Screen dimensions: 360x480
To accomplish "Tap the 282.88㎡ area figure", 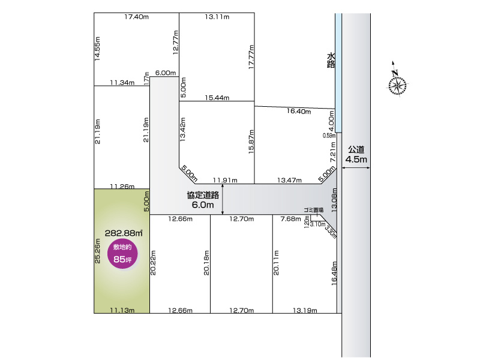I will (124, 233).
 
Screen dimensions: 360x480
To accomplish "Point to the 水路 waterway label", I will (331, 60).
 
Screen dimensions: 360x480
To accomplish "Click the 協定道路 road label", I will (203, 194).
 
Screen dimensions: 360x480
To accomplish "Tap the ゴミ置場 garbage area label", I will (313, 210).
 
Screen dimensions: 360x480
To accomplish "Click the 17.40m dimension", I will (136, 17).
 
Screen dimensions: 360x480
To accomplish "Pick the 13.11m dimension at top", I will (217, 17).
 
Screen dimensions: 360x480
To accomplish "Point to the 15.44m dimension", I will (217, 97).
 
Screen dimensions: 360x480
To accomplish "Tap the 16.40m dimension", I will (298, 112).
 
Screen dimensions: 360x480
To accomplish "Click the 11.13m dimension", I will (122, 310).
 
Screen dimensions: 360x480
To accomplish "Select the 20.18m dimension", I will (206, 263).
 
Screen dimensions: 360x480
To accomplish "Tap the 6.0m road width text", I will (203, 205).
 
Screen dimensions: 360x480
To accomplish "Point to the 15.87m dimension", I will (251, 141).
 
